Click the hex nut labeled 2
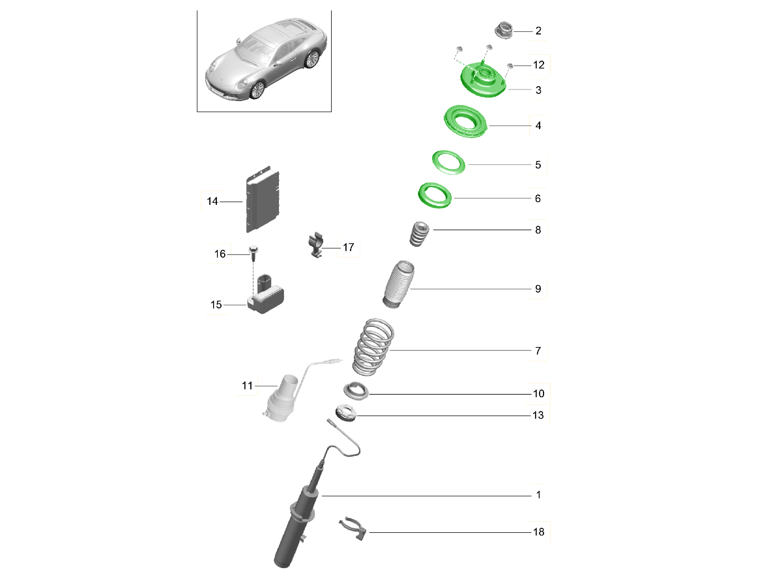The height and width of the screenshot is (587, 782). [x=504, y=30]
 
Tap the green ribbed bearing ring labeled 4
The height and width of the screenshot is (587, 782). [x=465, y=121]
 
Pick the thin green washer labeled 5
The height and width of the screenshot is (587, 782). [x=448, y=162]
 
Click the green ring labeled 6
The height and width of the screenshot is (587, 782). [x=435, y=195]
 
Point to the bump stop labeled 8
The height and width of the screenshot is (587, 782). [x=419, y=233]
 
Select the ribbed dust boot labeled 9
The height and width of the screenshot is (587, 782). [x=398, y=284]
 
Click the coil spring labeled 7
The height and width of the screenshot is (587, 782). [x=373, y=347]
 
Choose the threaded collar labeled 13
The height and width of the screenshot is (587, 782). [x=345, y=413]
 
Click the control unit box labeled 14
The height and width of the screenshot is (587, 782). [x=263, y=199]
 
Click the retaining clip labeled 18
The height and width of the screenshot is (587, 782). [x=353, y=529]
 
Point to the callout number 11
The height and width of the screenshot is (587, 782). [x=247, y=385]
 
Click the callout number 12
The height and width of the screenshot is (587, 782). [x=539, y=65]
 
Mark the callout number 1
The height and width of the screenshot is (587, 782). [x=538, y=494]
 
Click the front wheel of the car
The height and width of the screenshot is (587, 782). [x=257, y=90]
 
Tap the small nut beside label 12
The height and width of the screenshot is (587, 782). [x=510, y=66]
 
